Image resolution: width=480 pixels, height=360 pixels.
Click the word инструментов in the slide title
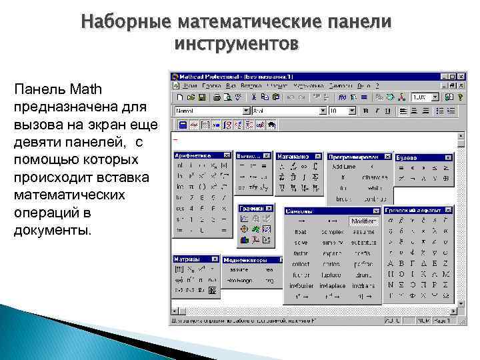pos(236,44)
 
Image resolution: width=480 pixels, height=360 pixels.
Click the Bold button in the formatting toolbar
pos(366,111)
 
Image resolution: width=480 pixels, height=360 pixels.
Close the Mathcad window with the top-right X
pos(461,77)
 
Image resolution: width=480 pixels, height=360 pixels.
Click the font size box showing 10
pos(339,111)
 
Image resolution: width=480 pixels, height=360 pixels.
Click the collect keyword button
pos(301,264)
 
